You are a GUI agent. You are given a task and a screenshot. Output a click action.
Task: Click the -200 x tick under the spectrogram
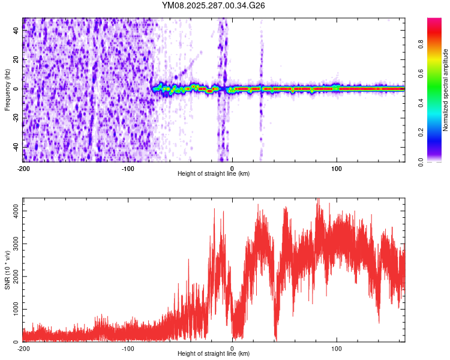coord(23,168)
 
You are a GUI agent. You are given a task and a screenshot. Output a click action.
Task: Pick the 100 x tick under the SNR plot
coord(337,348)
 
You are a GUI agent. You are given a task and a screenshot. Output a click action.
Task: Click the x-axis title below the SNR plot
coord(214,354)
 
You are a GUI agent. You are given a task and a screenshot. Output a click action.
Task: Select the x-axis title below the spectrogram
coord(214,173)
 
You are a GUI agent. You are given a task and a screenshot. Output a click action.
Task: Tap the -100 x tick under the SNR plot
coord(128,348)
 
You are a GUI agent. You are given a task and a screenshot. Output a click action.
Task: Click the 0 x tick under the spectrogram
coord(232,168)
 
